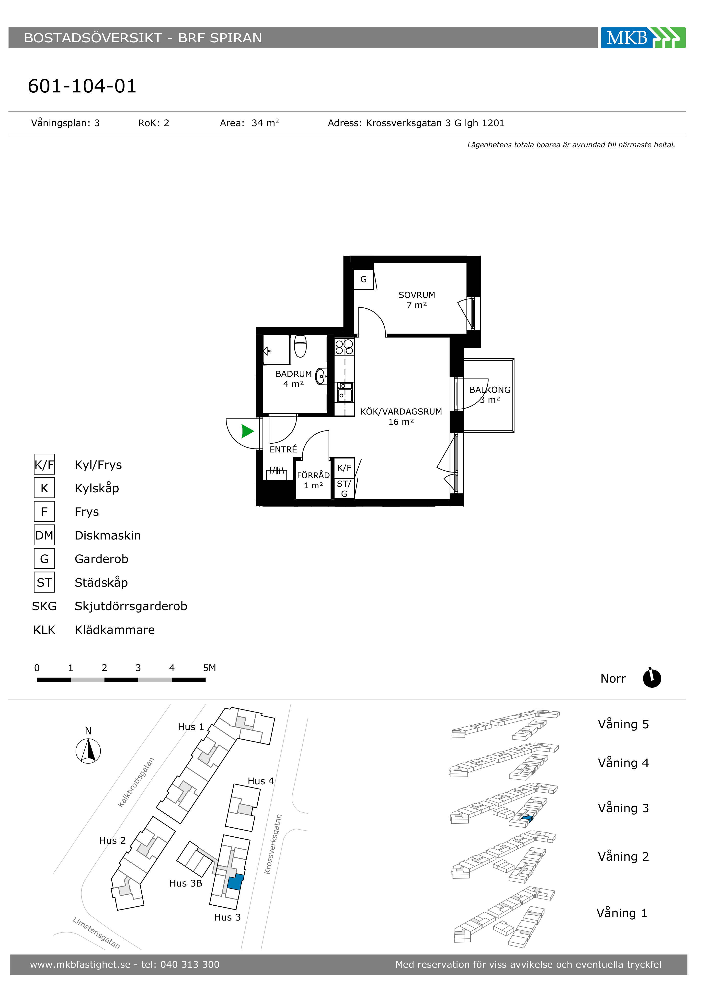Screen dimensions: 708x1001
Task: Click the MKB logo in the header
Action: point(643,38)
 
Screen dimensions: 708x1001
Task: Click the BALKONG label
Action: point(490,390)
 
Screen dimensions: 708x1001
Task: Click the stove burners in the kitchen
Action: point(344,347)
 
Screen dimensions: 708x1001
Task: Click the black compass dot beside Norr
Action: point(652,678)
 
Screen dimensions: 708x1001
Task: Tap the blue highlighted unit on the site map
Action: point(235,882)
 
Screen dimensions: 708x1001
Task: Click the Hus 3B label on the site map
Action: point(186,883)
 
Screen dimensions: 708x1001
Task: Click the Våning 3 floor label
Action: point(623,808)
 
